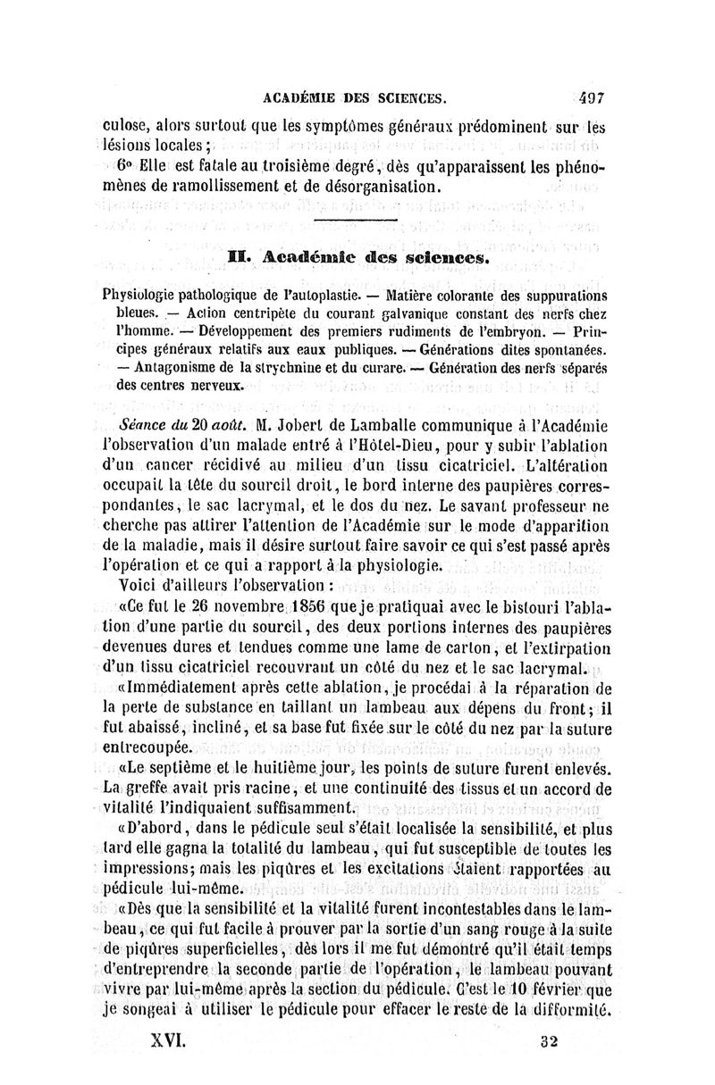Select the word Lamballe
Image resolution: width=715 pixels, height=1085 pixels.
tap(373, 424)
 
